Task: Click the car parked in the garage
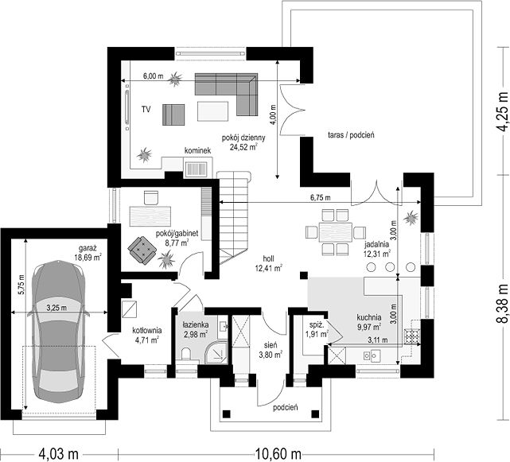pos(57,332)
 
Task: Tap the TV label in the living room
pos(146,110)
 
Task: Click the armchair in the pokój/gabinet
pos(142,250)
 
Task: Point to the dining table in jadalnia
pos(336,232)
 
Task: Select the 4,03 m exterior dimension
pos(59,453)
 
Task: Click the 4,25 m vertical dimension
pos(502,111)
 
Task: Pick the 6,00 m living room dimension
pos(154,76)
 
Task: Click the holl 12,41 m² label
pos(268,263)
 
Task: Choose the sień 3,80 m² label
pos(271,350)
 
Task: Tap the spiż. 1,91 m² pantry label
pos(317,329)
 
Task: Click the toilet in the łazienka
pos(186,355)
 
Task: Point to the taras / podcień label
pos(351,134)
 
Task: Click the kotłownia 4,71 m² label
pos(146,336)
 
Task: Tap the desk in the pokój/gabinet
pos(150,215)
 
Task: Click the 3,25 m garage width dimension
pos(57,308)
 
